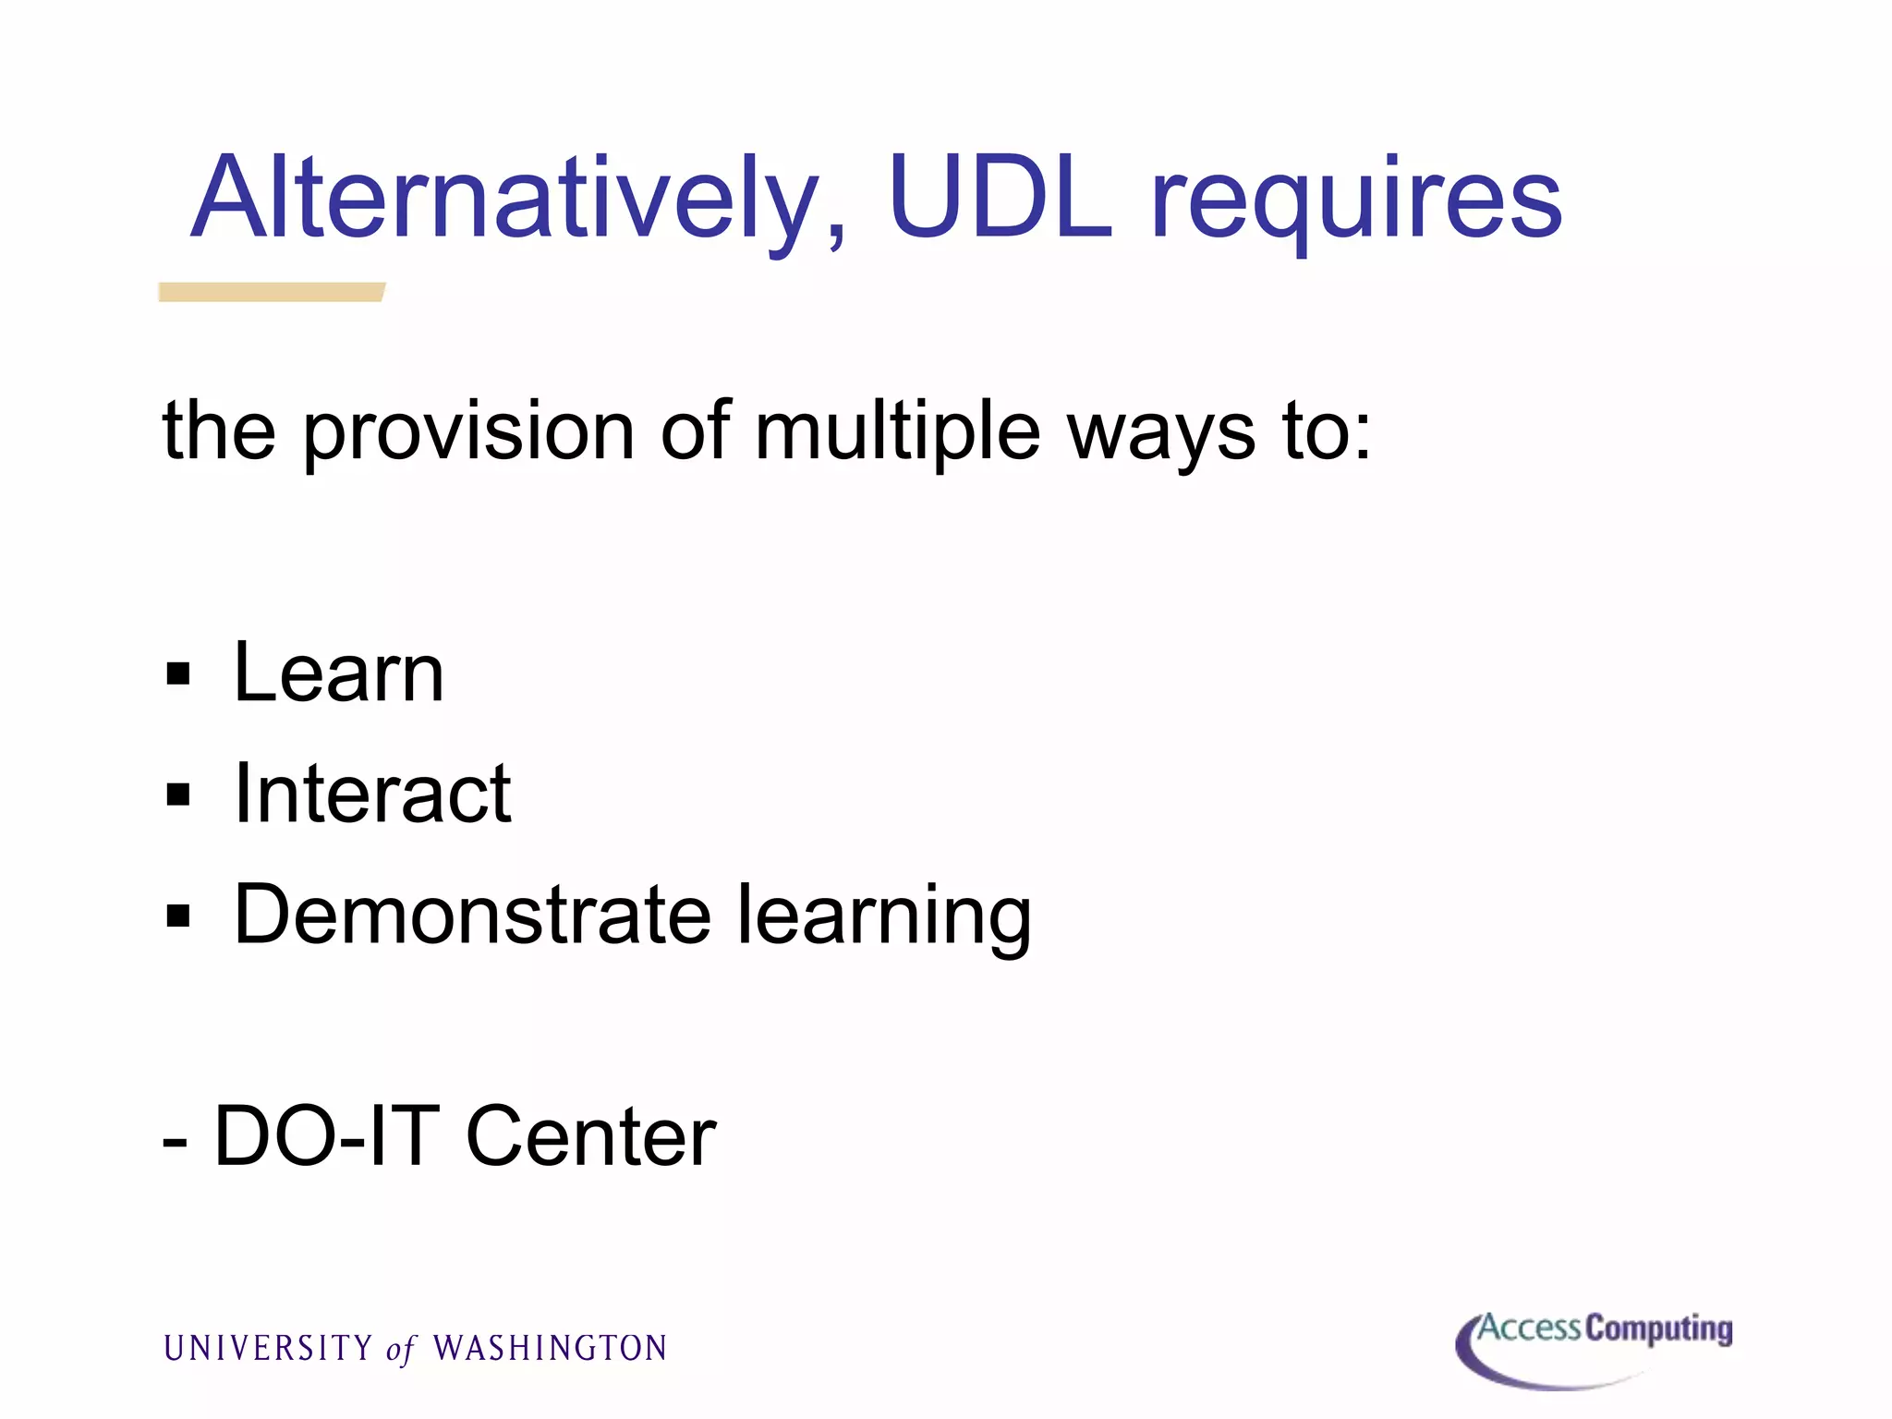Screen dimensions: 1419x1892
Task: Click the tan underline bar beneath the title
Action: click(271, 292)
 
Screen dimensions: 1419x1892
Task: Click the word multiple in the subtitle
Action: click(897, 432)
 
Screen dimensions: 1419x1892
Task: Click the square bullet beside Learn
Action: click(178, 674)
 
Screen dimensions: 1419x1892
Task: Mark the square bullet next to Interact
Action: click(178, 794)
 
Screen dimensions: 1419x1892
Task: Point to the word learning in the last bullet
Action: click(884, 917)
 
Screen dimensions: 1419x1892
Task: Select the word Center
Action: click(591, 1136)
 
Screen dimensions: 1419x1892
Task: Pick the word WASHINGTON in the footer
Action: click(551, 1348)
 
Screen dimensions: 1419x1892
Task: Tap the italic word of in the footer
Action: click(401, 1350)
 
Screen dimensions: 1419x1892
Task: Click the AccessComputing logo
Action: click(1594, 1347)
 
